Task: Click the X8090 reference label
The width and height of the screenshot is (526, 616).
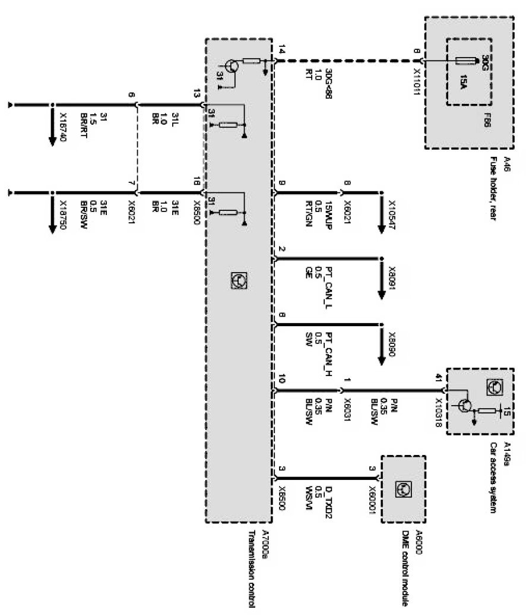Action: pos(392,346)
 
